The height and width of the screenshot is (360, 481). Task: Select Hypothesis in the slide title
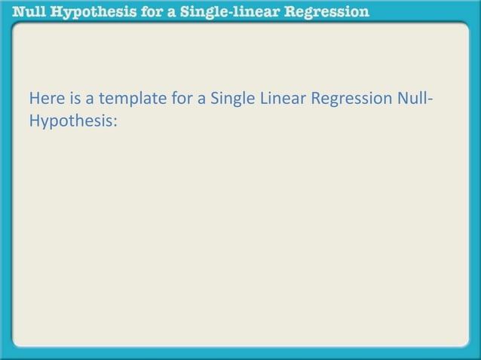tap(86, 12)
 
